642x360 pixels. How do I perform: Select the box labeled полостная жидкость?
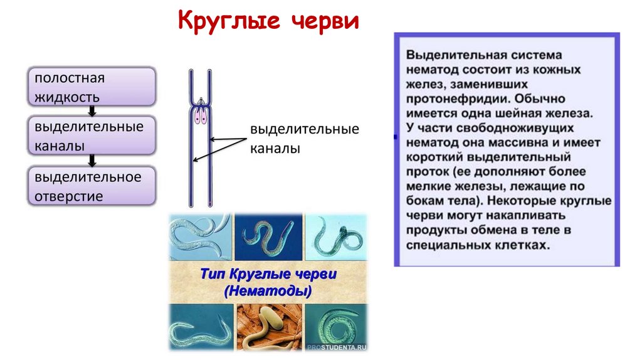point(92,88)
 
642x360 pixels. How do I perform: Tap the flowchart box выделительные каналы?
point(92,135)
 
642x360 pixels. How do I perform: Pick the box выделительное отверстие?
point(92,186)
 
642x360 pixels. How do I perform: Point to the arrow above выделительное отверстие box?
point(92,160)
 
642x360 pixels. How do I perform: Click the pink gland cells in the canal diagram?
point(200,114)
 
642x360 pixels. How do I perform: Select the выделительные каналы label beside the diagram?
point(305,139)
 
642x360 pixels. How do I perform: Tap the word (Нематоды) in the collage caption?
point(268,291)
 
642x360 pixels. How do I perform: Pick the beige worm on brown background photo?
point(268,327)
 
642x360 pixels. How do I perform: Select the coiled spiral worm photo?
point(337,326)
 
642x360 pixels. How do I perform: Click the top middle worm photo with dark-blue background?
point(268,237)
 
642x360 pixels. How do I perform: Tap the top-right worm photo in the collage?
point(337,237)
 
